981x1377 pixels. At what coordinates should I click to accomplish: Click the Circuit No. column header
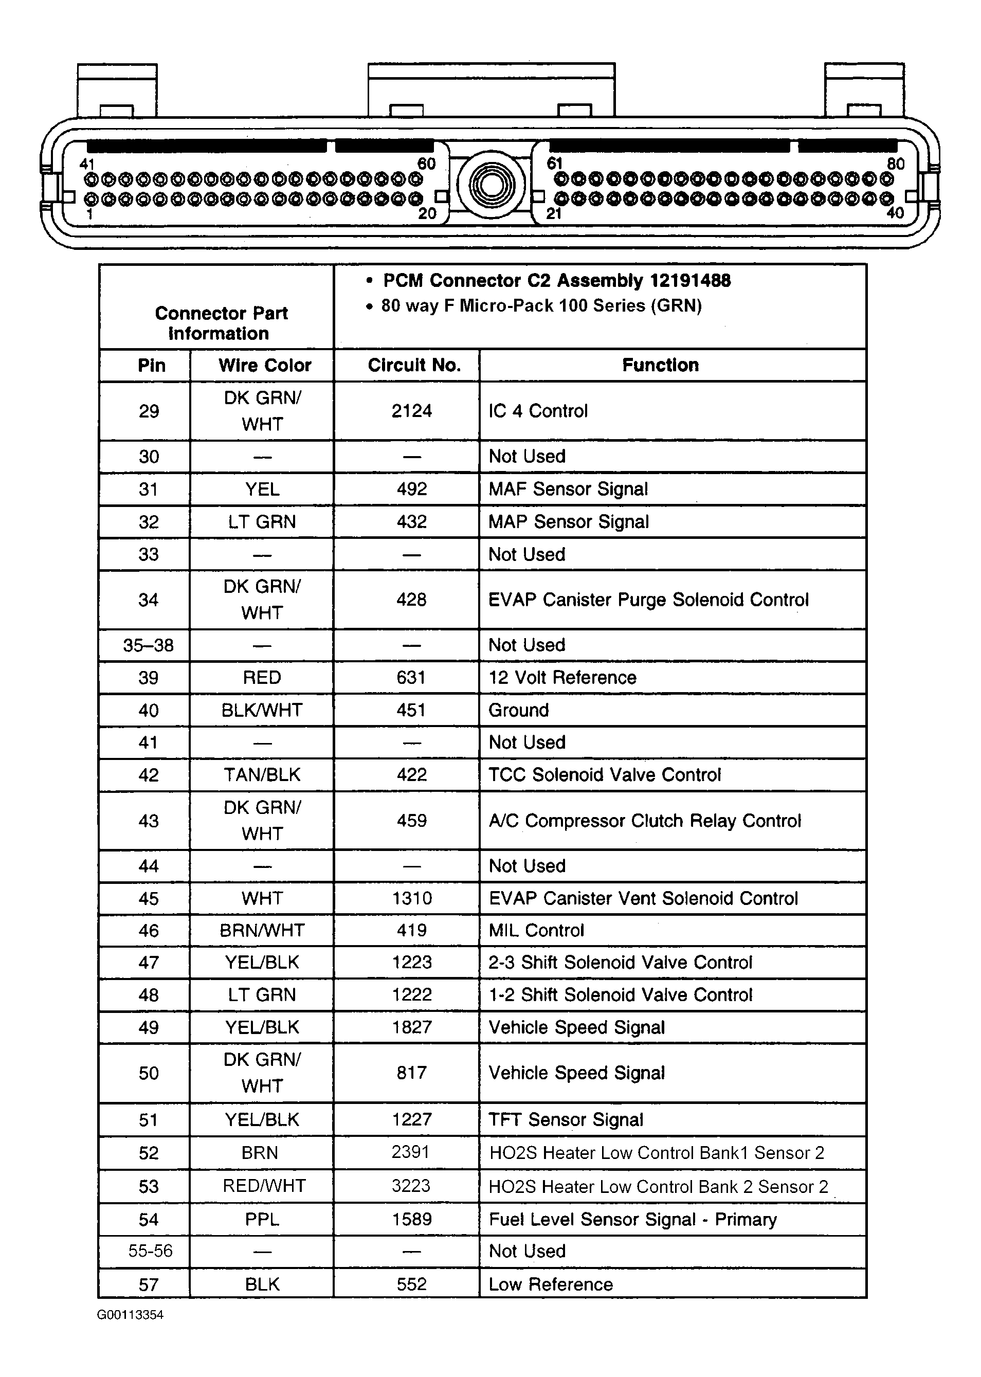[x=414, y=366]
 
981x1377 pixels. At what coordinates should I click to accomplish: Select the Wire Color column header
[x=265, y=366]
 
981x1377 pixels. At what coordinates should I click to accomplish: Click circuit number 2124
[x=412, y=411]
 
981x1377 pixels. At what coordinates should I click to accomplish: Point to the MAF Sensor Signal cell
[x=568, y=489]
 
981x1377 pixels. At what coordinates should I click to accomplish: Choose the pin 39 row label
[x=149, y=678]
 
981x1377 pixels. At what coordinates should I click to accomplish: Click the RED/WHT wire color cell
[x=264, y=1186]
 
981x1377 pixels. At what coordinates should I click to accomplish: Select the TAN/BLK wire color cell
[x=262, y=775]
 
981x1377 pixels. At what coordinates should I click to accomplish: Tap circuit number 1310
[x=412, y=899]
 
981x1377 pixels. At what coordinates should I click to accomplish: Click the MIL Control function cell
[x=536, y=931]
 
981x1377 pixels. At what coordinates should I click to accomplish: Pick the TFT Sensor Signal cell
[x=566, y=1120]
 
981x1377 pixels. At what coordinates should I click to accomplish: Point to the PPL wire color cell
[x=262, y=1219]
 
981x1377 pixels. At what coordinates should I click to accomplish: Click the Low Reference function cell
[x=550, y=1284]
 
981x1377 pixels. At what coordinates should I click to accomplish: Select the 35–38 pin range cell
[x=149, y=646]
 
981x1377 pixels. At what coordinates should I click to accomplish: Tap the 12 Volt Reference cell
[x=562, y=678]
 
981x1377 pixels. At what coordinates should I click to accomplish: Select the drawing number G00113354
[x=130, y=1315]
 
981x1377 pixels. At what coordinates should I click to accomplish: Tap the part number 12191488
[x=690, y=281]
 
